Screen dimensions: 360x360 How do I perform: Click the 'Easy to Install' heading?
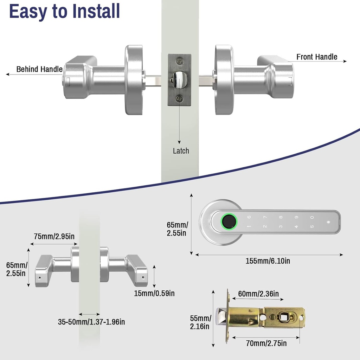point(64,11)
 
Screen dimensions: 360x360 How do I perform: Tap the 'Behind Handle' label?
point(39,69)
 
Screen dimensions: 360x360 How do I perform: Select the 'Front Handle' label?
point(316,57)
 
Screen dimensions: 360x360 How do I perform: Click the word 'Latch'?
point(181,151)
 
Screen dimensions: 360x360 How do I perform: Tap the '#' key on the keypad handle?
point(328,222)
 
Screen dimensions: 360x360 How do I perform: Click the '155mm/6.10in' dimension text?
point(268,261)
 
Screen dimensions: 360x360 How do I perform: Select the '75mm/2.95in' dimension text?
point(54,236)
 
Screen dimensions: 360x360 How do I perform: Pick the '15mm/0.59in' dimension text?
point(154,293)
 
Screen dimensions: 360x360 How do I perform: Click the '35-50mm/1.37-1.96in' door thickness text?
point(91,321)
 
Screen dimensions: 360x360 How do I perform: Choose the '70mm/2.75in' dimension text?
point(266,343)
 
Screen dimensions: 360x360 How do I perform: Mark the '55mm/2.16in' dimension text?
point(200,322)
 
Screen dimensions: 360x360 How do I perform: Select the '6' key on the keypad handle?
point(249,217)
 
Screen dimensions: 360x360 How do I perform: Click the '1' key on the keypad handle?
point(249,227)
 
